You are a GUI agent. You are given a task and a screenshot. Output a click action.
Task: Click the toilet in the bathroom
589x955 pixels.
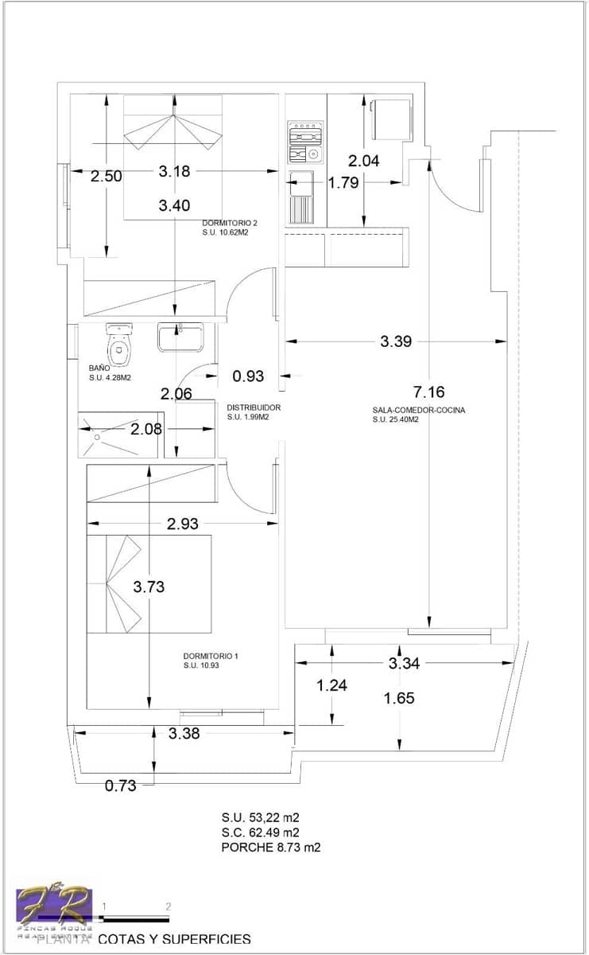tap(119, 341)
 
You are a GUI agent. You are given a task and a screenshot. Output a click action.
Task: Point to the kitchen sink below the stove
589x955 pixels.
tap(302, 197)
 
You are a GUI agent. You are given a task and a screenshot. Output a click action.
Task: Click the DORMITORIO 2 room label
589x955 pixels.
tap(231, 223)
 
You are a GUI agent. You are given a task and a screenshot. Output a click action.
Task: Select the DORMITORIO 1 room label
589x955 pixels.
tap(210, 657)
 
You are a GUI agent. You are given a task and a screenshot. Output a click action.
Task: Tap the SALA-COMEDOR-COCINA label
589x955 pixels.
tap(418, 411)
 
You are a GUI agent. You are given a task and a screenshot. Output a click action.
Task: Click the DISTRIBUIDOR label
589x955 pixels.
tap(254, 407)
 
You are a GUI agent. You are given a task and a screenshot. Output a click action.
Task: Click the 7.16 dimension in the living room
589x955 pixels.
tap(428, 392)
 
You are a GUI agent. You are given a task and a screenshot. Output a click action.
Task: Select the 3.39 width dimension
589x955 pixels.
tap(396, 341)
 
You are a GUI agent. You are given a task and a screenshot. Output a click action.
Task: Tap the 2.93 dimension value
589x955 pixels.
tap(183, 524)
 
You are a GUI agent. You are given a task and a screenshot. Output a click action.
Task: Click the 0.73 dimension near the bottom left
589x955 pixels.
tap(121, 786)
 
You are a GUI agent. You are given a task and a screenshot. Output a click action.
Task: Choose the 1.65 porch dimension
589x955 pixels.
tap(399, 699)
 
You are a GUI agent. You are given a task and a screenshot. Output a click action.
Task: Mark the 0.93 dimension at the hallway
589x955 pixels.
tap(248, 376)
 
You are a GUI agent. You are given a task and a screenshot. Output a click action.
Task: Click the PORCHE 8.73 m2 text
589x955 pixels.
tap(270, 848)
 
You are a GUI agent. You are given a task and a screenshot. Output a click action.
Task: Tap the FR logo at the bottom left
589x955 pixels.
tap(54, 907)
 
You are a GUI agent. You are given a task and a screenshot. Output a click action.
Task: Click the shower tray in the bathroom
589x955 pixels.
tap(120, 435)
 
